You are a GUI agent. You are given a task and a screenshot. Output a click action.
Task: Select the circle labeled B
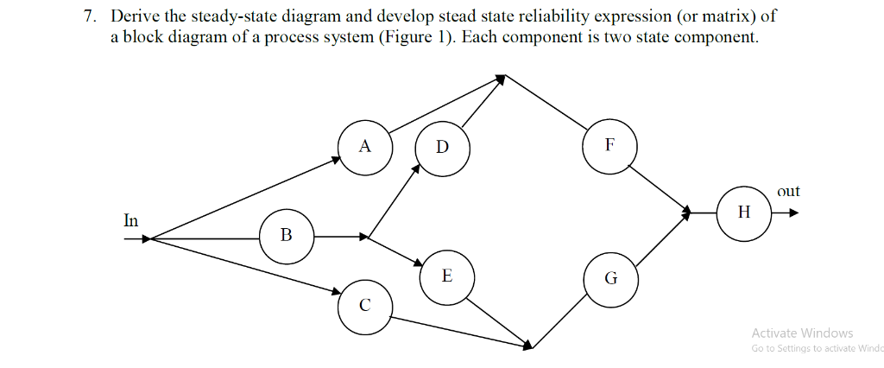(287, 234)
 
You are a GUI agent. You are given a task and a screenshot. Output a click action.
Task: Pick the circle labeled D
(443, 148)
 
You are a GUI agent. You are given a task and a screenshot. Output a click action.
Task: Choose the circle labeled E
(445, 276)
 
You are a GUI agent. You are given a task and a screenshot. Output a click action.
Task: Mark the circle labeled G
(610, 278)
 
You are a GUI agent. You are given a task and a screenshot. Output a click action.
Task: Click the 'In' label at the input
(130, 220)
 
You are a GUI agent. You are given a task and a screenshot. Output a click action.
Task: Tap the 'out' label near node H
(788, 191)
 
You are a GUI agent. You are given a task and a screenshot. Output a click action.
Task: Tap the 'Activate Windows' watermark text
(802, 333)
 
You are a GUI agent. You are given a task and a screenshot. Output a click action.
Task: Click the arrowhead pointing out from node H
(792, 213)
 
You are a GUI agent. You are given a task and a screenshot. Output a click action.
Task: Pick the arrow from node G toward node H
(661, 237)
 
